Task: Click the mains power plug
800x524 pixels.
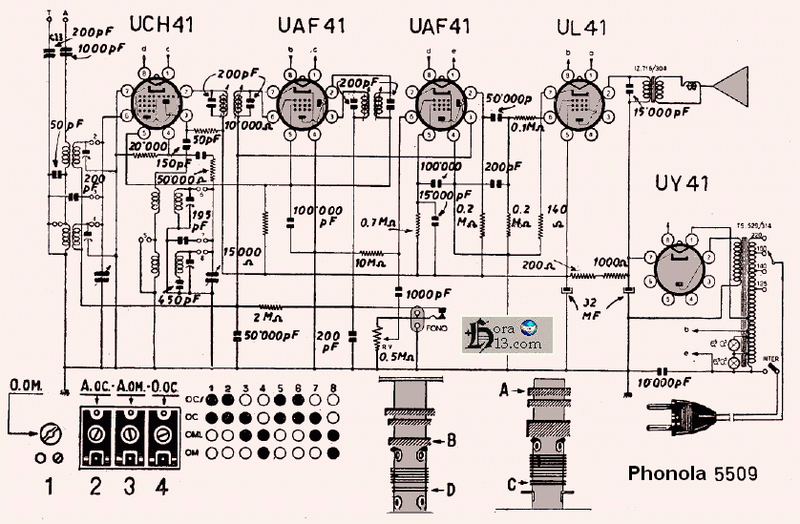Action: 678,417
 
